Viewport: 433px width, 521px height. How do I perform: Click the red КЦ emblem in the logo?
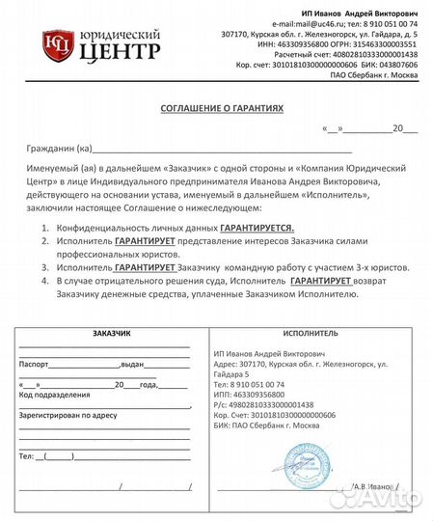click(x=57, y=43)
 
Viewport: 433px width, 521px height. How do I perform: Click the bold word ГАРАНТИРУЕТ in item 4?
click(x=323, y=279)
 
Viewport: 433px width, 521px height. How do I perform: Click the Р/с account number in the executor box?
click(x=279, y=404)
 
